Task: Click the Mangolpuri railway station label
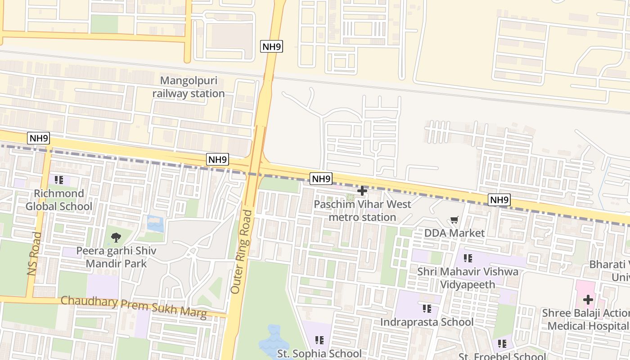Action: [x=189, y=87]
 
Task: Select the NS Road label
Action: [x=34, y=254]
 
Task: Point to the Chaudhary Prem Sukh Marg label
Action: [x=134, y=307]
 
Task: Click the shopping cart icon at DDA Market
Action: [x=454, y=220]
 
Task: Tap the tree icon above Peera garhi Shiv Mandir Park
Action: [x=116, y=237]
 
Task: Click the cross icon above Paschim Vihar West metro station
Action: [x=362, y=191]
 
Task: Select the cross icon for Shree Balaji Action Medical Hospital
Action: [x=588, y=300]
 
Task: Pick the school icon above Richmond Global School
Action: [x=58, y=180]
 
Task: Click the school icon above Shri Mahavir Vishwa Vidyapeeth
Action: [x=468, y=258]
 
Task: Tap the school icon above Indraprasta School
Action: [x=427, y=309]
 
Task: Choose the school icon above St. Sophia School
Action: [x=319, y=340]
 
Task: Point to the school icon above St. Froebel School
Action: [x=502, y=344]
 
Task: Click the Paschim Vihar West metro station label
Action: [x=362, y=211]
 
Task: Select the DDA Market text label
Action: [x=454, y=233]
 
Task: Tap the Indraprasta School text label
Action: [x=427, y=322]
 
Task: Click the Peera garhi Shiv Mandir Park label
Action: [x=116, y=257]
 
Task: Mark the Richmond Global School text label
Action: [x=58, y=200]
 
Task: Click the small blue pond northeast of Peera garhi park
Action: [x=155, y=224]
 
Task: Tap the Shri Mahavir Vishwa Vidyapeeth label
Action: [x=468, y=278]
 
